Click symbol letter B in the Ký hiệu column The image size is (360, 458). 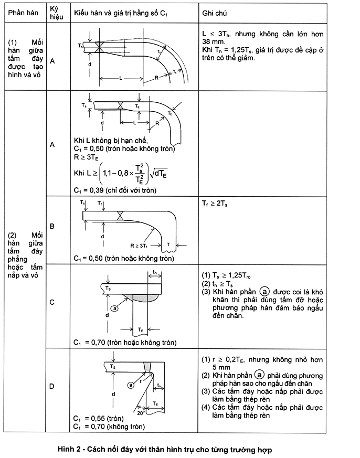coord(52,226)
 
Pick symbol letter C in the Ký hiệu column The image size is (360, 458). coord(52,302)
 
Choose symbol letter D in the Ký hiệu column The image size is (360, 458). coord(52,387)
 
